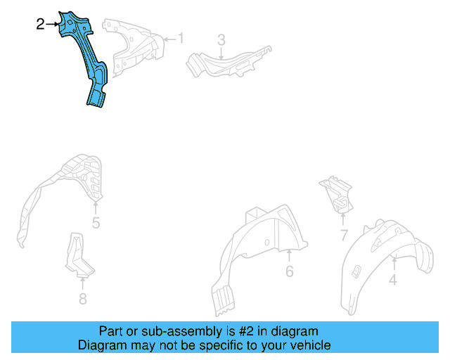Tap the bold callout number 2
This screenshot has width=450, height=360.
[41, 25]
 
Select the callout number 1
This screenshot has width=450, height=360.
[181, 38]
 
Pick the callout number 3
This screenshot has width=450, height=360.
[221, 40]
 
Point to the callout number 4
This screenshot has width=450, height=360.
[393, 280]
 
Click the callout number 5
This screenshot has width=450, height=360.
[96, 223]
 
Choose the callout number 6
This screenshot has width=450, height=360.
[290, 271]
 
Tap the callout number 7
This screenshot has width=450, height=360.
[344, 235]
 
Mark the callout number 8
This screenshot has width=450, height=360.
[83, 299]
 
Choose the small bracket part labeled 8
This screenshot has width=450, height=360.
[78, 255]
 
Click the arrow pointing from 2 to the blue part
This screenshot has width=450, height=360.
[52, 25]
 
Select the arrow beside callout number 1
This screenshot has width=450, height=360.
[170, 39]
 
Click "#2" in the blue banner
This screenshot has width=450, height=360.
[246, 331]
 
